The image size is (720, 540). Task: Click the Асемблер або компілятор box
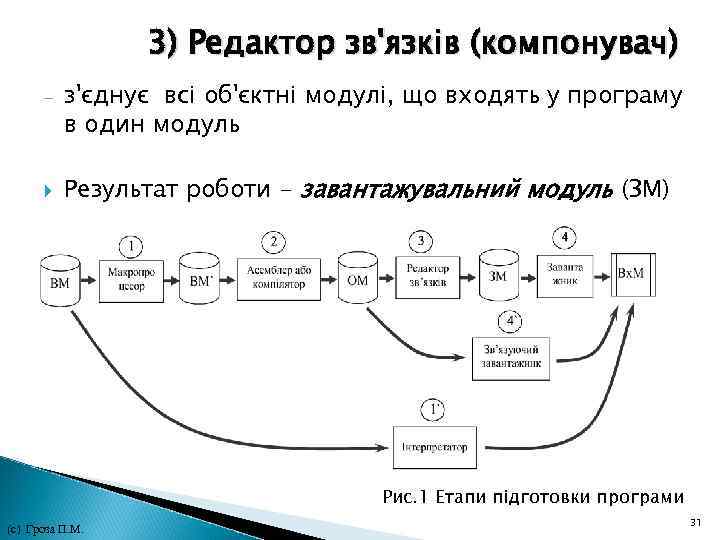274,277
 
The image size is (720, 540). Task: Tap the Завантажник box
566,273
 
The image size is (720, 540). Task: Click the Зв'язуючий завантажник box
511,357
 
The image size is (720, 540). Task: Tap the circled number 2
274,241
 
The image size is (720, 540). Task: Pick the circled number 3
423,241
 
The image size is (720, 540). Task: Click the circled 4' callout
512,321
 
